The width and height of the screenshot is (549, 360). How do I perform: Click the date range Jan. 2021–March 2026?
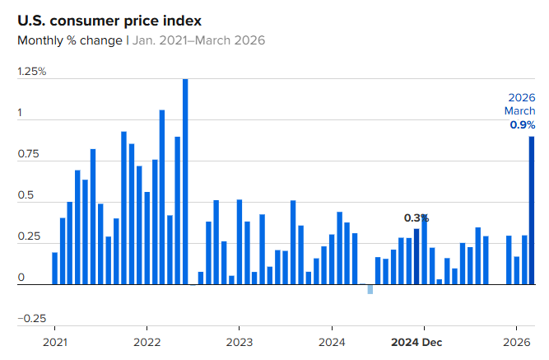pyautogui.click(x=198, y=40)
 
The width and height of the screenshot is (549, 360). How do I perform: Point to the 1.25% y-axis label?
pyautogui.click(x=32, y=72)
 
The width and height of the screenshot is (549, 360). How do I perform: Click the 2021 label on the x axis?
pyautogui.click(x=54, y=342)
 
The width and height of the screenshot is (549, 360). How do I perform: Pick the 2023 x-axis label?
pyautogui.click(x=240, y=342)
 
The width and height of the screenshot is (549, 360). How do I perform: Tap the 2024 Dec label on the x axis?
pyautogui.click(x=417, y=342)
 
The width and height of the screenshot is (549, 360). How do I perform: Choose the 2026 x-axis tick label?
pyautogui.click(x=516, y=342)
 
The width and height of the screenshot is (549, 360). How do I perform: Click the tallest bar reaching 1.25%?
pyautogui.click(x=185, y=181)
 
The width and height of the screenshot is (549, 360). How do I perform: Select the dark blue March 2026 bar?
pyautogui.click(x=532, y=210)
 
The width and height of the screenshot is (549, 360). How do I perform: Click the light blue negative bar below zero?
pyautogui.click(x=370, y=289)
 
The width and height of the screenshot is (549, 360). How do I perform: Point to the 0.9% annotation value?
pyautogui.click(x=522, y=125)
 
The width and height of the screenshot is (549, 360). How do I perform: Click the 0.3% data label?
pyautogui.click(x=416, y=218)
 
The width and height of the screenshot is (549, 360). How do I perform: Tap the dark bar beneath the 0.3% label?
pyautogui.click(x=416, y=256)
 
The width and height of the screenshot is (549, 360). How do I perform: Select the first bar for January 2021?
pyautogui.click(x=54, y=268)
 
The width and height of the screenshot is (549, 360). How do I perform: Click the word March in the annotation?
pyautogui.click(x=519, y=111)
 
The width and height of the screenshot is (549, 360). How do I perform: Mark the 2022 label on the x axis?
pyautogui.click(x=147, y=342)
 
